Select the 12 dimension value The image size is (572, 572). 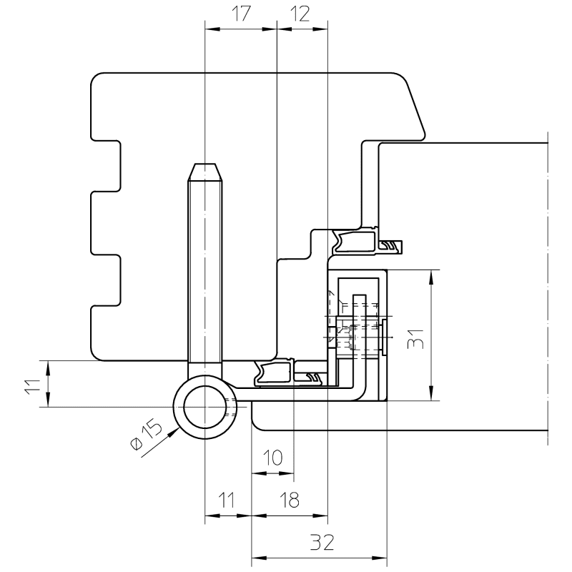pos(301,15)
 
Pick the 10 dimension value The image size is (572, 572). pos(272,458)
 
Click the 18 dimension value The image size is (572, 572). pos(289,500)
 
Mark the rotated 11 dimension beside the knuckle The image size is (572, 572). pos(29,385)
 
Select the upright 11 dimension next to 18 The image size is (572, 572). pos(227,500)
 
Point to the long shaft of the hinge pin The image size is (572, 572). pos(204,272)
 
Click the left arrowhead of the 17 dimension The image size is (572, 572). pos(210,29)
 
